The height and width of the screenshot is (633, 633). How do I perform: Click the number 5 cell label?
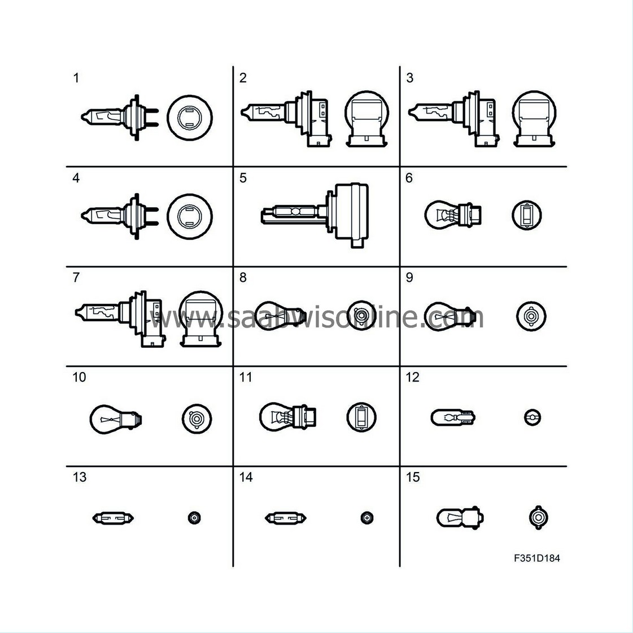[x=243, y=178]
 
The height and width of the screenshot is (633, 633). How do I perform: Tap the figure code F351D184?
[x=537, y=558]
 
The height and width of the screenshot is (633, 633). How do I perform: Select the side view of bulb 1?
[x=120, y=117]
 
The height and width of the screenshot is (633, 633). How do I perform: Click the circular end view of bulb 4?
[x=189, y=216]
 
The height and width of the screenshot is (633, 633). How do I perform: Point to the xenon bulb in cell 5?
[x=315, y=215]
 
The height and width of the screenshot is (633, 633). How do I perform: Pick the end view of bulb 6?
[x=527, y=215]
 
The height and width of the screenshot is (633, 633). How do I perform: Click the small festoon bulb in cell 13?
[x=113, y=518]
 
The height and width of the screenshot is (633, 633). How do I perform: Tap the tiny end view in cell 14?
[x=366, y=518]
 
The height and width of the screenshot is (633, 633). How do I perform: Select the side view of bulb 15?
[x=460, y=518]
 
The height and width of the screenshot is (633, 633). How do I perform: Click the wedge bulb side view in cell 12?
[x=453, y=417]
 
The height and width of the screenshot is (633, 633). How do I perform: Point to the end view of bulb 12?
[x=532, y=417]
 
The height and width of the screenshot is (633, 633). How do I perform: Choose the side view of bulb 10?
[x=116, y=419]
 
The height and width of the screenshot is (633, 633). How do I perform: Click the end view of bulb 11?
[x=361, y=417]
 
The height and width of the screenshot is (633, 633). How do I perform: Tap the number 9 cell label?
[x=409, y=278]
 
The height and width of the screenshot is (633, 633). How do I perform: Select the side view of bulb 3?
[x=454, y=118]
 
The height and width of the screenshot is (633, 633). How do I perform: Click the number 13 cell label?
[x=80, y=477]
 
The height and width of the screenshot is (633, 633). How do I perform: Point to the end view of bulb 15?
[x=538, y=518]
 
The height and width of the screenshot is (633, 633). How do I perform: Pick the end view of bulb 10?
[x=197, y=418]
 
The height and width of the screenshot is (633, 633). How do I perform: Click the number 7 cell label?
[x=76, y=278]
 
